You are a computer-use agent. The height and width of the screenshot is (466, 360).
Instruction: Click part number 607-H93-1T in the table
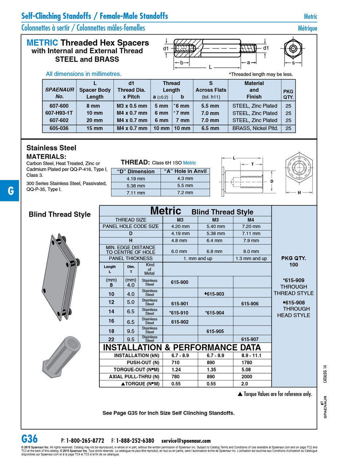point(59,113)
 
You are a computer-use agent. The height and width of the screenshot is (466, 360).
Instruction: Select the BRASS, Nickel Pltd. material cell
point(255,128)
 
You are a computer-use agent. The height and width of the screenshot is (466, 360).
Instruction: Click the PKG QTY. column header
point(288,94)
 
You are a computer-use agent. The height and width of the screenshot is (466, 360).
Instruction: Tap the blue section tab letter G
point(11,190)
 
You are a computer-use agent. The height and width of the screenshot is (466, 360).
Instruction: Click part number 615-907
point(250,339)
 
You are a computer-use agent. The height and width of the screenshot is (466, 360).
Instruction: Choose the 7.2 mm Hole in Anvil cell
point(185,193)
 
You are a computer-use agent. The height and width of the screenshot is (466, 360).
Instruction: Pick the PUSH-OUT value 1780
point(247,363)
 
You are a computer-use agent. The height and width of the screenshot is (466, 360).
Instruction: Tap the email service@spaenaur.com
point(186,441)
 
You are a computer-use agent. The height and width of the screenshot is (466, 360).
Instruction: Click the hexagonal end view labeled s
point(293,49)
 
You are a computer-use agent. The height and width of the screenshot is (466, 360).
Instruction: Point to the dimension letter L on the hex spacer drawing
point(210,67)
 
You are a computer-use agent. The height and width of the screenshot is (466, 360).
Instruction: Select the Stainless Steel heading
point(51,148)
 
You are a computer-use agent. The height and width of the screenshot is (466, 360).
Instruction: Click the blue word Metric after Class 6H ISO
point(189,163)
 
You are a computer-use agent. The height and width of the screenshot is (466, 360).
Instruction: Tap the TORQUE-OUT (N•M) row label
point(137,370)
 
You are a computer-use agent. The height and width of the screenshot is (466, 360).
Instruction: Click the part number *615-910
point(179,313)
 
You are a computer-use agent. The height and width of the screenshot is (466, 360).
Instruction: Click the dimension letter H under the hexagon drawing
point(299,193)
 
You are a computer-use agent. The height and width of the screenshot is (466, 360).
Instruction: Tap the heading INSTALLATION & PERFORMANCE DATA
point(182,347)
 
